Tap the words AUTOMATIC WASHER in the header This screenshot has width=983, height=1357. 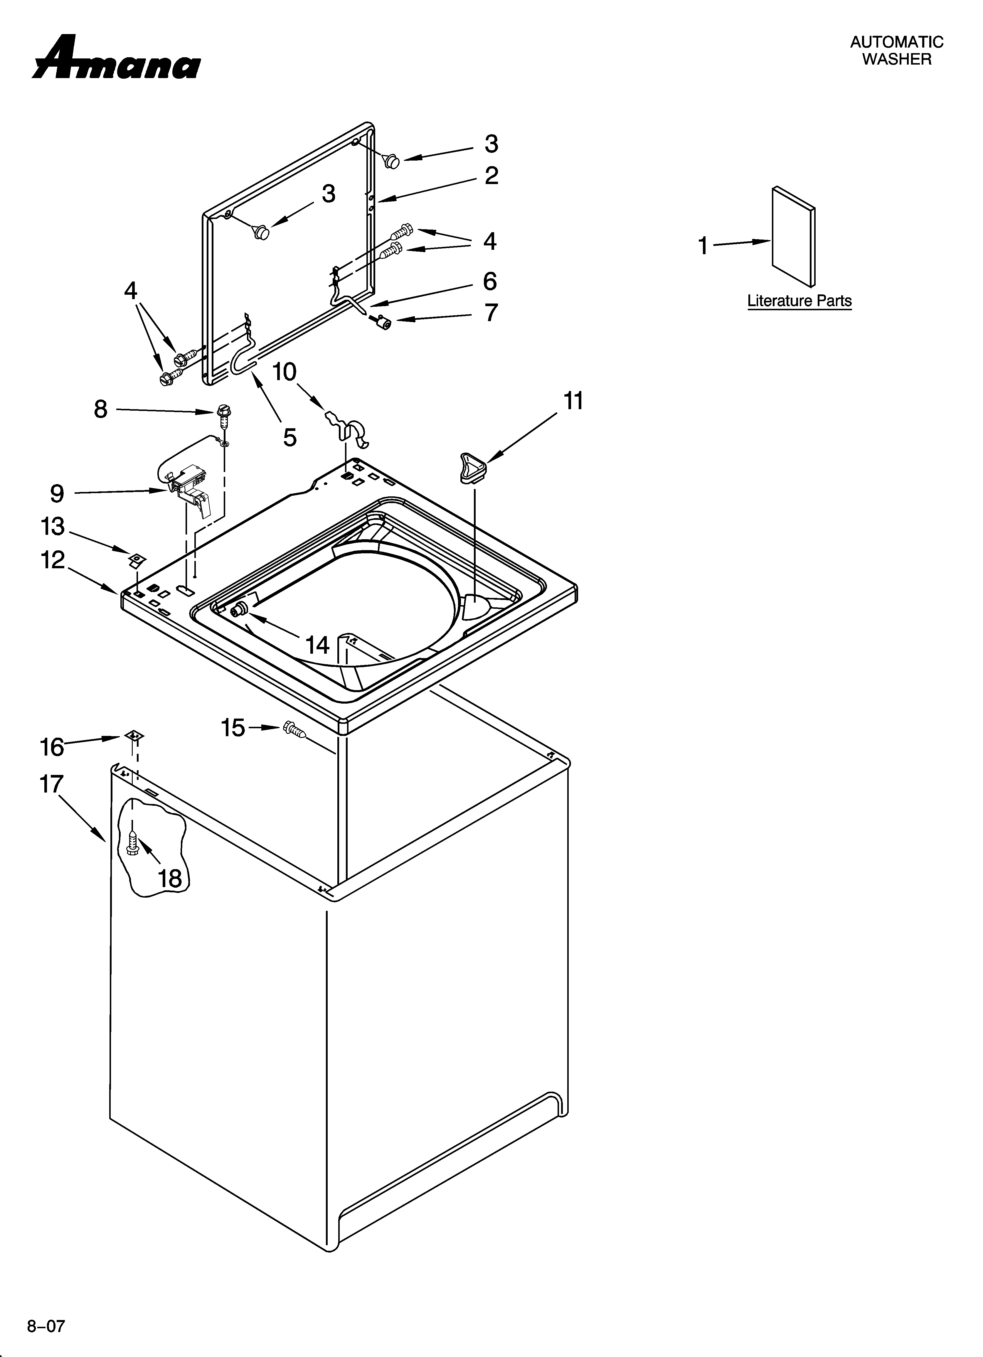coord(896,50)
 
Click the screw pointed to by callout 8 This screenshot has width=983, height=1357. coord(223,413)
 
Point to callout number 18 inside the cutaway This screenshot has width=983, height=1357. coord(170,878)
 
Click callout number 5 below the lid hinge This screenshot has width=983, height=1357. coord(290,437)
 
